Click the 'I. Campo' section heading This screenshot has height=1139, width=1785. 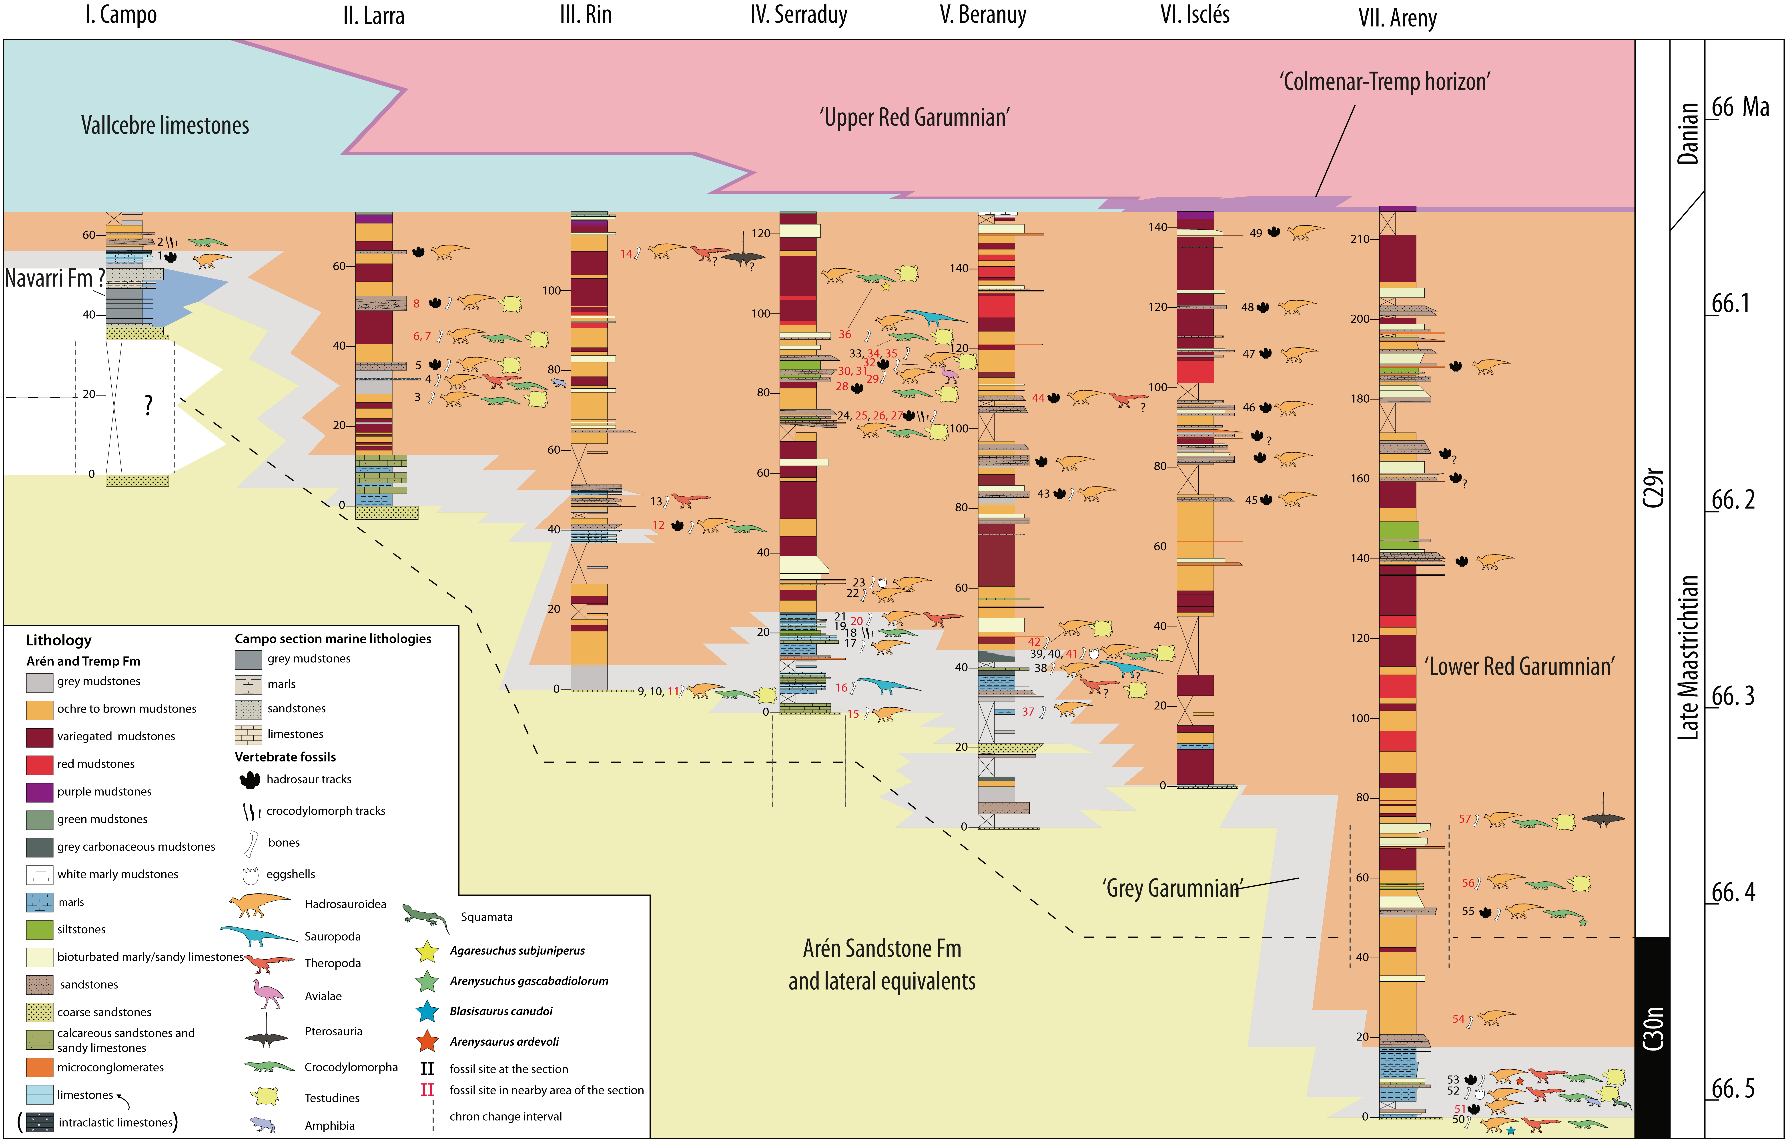[x=121, y=15]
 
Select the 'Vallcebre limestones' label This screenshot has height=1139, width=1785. [x=164, y=125]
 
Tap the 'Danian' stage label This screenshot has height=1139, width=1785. [x=1688, y=133]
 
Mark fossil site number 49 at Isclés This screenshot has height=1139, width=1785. [x=1255, y=233]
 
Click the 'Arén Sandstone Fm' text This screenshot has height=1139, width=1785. [x=882, y=948]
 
